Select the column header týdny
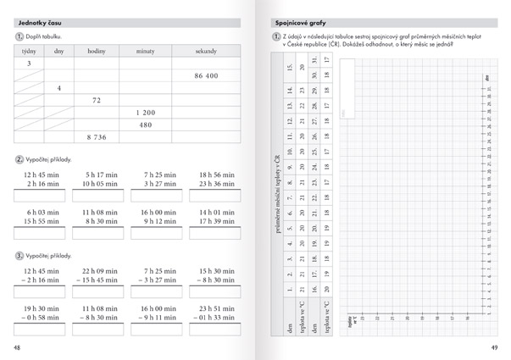(x=28, y=51)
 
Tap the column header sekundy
(x=206, y=51)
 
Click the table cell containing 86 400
(x=206, y=76)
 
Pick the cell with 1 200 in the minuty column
(x=146, y=113)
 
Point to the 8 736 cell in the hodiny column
(x=96, y=136)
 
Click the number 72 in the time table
(x=97, y=100)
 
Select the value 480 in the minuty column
(x=146, y=125)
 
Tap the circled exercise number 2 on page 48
(x=19, y=159)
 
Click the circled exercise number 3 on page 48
(x=19, y=255)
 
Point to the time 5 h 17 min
(x=100, y=174)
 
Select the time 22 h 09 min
(x=100, y=271)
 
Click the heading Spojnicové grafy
(x=302, y=21)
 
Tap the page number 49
(x=494, y=348)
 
